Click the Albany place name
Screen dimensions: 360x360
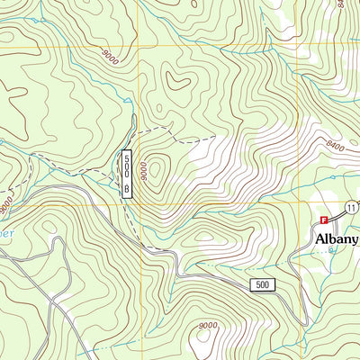pos(337,239)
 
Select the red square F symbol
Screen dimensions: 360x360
pos(324,219)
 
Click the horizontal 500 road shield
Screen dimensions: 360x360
pos(262,285)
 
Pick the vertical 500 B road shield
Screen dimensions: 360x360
pos(127,173)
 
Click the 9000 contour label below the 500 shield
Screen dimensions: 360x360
pos(208,325)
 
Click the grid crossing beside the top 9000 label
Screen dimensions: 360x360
pos(137,48)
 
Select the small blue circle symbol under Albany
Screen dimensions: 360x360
pos(331,249)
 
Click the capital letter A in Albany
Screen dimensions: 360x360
pos(320,239)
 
